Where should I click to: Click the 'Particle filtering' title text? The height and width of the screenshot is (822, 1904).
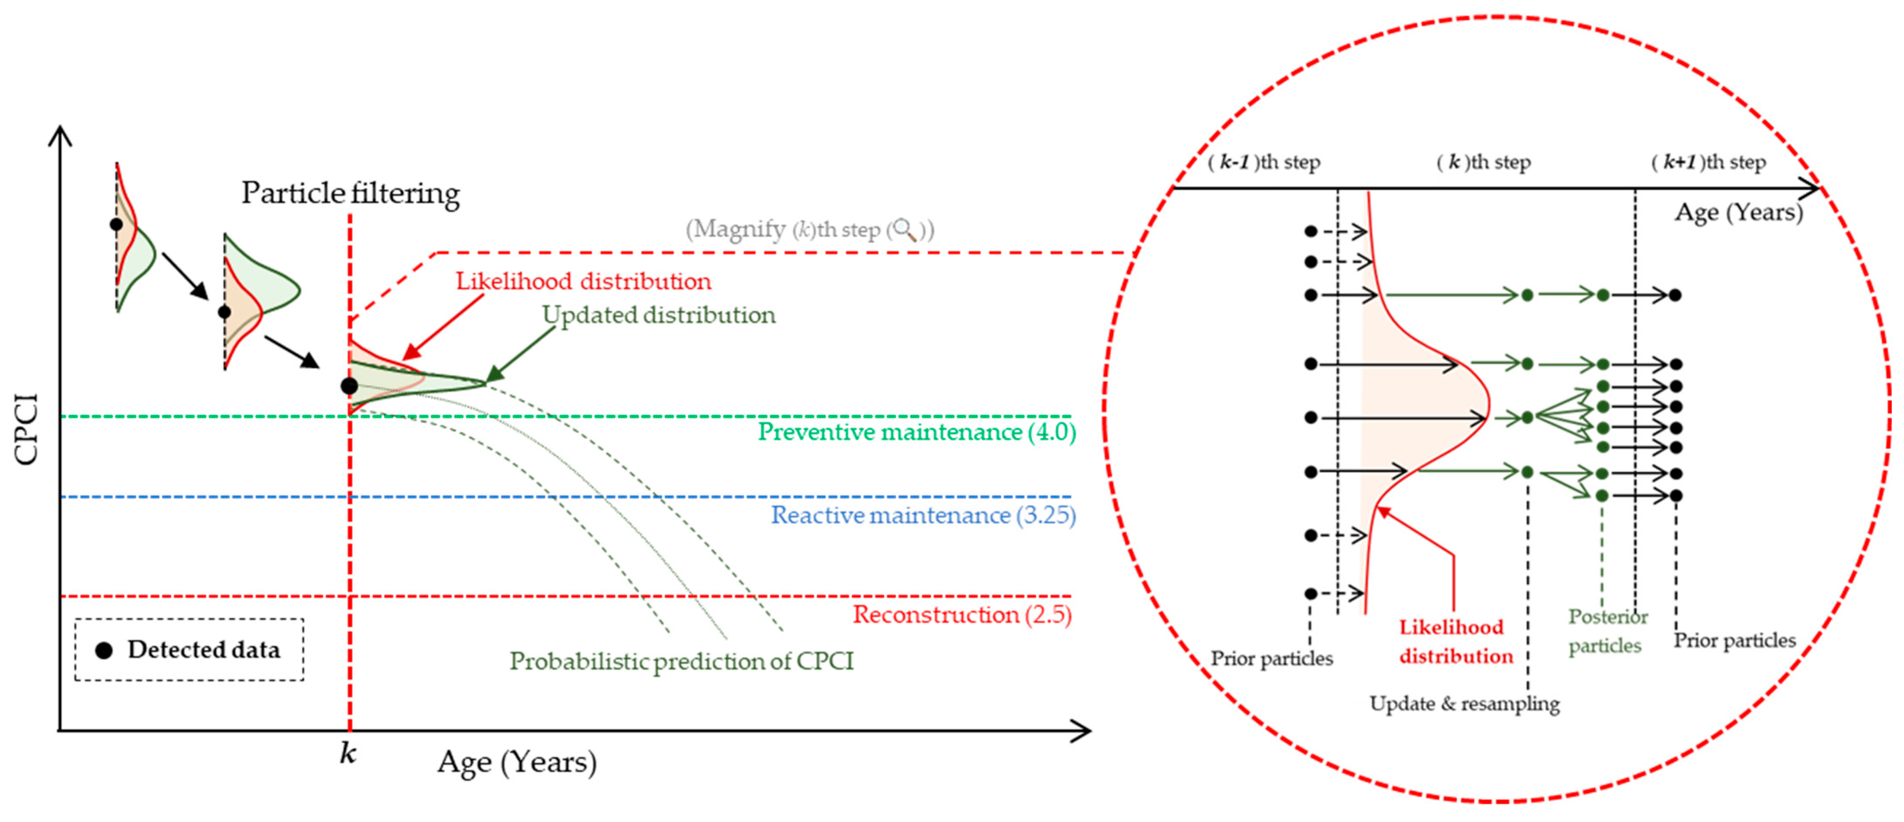point(350,194)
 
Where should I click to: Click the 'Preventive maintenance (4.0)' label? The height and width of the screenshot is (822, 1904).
point(917,432)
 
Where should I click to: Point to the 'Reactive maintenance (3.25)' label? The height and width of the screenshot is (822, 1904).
point(923,515)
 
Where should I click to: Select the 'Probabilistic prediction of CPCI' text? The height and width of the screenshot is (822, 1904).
point(682,661)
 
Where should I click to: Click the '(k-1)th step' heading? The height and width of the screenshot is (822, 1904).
point(1264,162)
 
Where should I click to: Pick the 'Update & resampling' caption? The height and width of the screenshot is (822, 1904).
point(1464,704)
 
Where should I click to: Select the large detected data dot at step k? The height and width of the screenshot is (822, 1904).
point(349,386)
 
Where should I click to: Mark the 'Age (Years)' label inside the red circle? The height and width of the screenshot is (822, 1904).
point(1738,212)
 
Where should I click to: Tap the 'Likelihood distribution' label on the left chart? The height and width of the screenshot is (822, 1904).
point(583,281)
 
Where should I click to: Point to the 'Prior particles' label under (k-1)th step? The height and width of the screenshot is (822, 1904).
point(1271,659)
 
